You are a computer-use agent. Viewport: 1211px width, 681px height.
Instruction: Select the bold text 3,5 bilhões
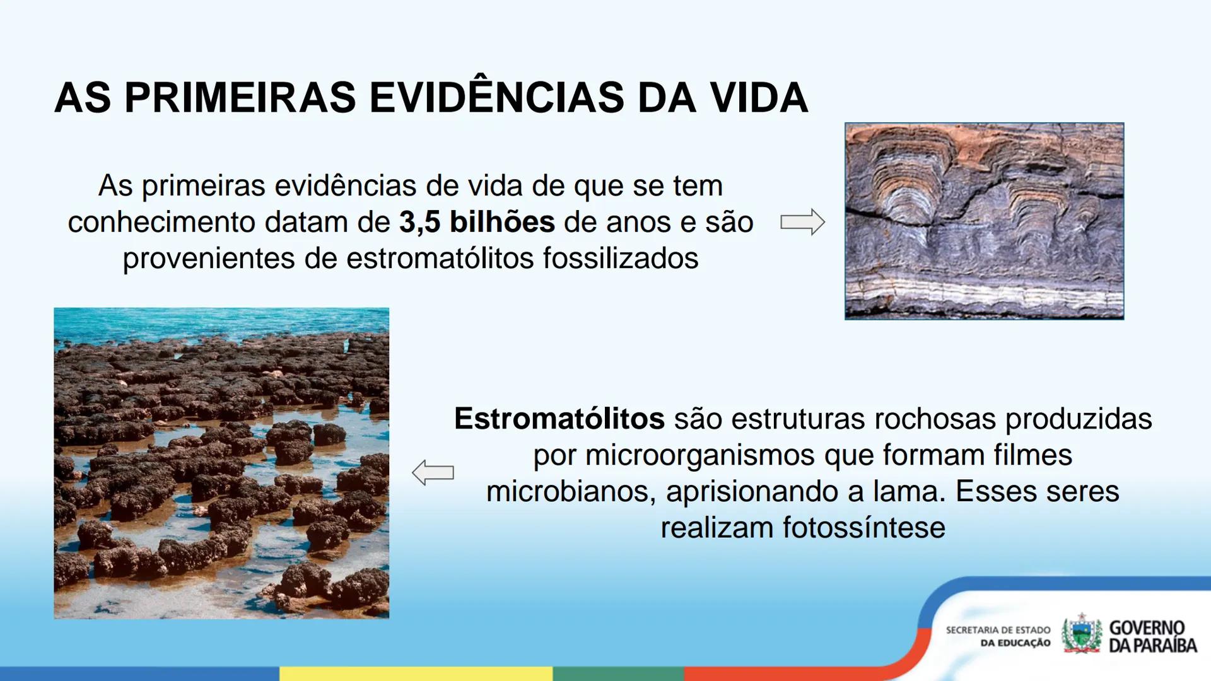pos(477,222)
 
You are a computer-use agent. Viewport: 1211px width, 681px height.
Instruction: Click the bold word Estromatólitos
pos(559,419)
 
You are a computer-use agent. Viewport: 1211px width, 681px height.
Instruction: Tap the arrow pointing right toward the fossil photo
pos(802,222)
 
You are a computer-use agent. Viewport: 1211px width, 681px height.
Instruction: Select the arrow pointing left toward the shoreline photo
pos(433,473)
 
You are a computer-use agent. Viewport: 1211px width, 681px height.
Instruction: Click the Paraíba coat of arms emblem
pos(1081,634)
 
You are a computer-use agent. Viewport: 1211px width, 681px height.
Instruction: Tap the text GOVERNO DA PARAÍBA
pos(1152,636)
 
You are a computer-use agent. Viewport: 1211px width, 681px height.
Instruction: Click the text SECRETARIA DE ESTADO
pos(998,630)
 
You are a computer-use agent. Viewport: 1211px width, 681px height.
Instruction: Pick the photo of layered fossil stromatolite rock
pos(984,221)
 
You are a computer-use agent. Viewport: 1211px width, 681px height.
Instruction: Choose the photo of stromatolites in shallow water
pos(221,463)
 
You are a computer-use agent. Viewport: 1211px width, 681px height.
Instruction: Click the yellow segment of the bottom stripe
pos(416,673)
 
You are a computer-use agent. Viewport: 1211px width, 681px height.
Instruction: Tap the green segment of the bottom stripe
pos(618,673)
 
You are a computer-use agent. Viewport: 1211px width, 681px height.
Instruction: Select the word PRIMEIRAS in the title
pos(240,98)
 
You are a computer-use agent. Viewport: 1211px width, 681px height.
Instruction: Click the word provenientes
pos(209,259)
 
